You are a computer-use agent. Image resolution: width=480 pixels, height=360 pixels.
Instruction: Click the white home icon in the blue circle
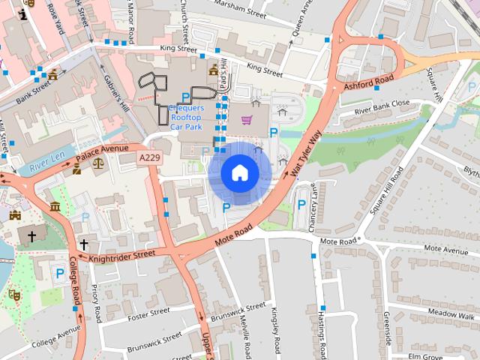pyautogui.click(x=239, y=173)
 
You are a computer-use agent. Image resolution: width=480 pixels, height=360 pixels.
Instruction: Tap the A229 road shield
pyautogui.click(x=148, y=158)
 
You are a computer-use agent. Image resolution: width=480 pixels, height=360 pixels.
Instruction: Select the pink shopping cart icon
pyautogui.click(x=246, y=120)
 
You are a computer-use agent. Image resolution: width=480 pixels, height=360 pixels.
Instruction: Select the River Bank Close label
pyautogui.click(x=382, y=104)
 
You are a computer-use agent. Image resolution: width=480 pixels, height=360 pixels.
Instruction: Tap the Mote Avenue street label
pyautogui.click(x=445, y=248)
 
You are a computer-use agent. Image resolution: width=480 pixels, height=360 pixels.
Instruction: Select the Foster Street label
pyautogui.click(x=150, y=315)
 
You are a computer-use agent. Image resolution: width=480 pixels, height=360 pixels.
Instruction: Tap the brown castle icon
pyautogui.click(x=16, y=215)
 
